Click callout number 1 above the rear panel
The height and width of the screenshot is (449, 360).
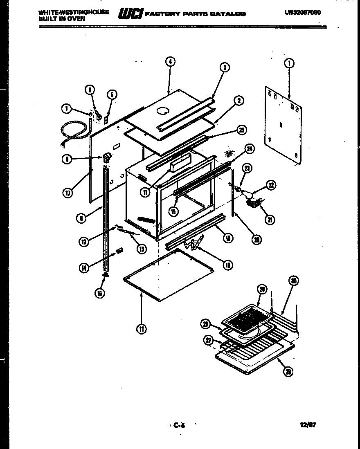point(289,63)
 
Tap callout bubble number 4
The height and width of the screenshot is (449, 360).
point(170,61)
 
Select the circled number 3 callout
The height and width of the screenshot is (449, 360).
point(224,68)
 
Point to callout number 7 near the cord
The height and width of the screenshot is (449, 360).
point(66,109)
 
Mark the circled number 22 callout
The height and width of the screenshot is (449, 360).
point(271,185)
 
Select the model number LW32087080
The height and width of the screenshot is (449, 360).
point(302,12)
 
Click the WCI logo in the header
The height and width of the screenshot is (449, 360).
point(130,14)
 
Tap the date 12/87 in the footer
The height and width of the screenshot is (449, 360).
point(308,425)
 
